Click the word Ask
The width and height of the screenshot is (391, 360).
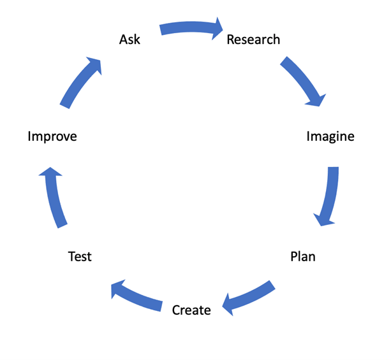[x=129, y=40]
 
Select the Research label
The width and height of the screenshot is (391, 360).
[x=253, y=40]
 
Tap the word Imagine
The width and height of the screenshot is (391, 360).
[x=330, y=136]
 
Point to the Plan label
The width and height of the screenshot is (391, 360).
[x=302, y=257]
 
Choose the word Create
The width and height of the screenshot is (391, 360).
[x=191, y=310]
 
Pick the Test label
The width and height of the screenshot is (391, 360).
[x=80, y=257]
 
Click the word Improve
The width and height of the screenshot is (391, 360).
[x=52, y=136]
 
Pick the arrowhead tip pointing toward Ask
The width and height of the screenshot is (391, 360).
[x=101, y=59]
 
